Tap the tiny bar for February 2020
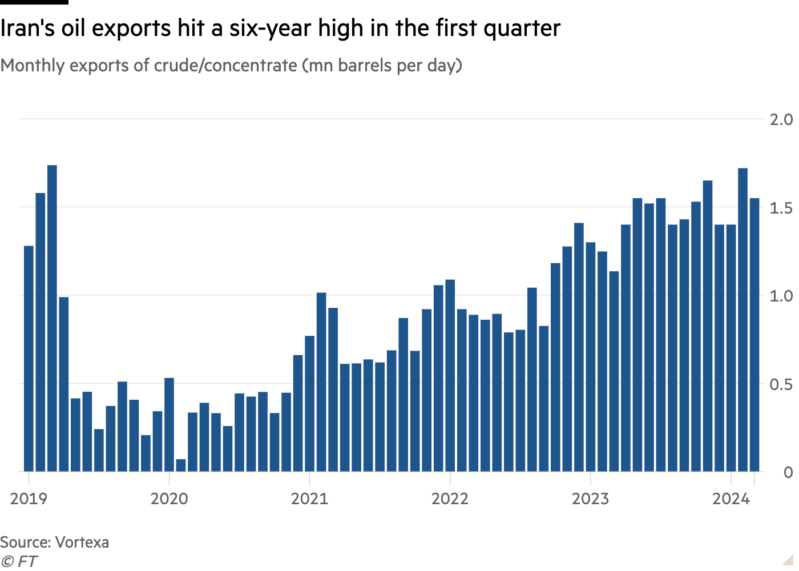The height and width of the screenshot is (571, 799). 181,465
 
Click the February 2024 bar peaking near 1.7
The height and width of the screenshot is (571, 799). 742,320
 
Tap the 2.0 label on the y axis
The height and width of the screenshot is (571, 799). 781,119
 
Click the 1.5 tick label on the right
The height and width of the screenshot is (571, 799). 781,208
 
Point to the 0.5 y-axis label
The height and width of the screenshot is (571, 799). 781,384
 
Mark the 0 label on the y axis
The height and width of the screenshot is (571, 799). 788,472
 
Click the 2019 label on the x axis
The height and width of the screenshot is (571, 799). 29,499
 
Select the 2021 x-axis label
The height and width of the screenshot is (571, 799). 309,499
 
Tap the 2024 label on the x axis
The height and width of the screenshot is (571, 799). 731,499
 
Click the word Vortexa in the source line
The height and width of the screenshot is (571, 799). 82,542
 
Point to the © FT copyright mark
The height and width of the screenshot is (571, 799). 19,561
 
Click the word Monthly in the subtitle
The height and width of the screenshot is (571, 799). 33,66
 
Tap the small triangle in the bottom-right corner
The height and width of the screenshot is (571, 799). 788,559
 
